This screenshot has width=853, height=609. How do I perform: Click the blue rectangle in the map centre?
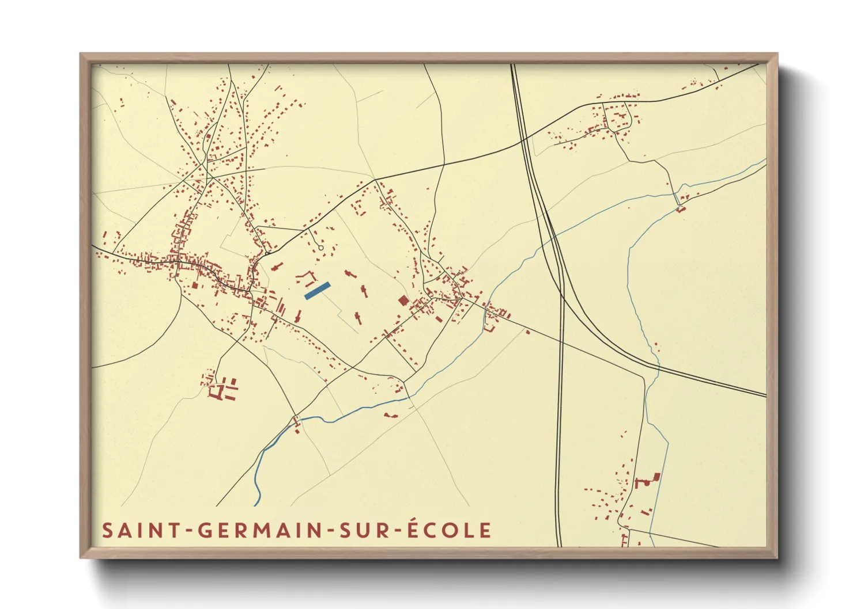(x=317, y=291)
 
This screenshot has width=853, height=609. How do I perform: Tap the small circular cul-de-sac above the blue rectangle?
(x=321, y=248)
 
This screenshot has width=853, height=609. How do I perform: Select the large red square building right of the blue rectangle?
(x=403, y=300)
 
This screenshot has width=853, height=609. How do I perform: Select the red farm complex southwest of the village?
(x=222, y=390)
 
